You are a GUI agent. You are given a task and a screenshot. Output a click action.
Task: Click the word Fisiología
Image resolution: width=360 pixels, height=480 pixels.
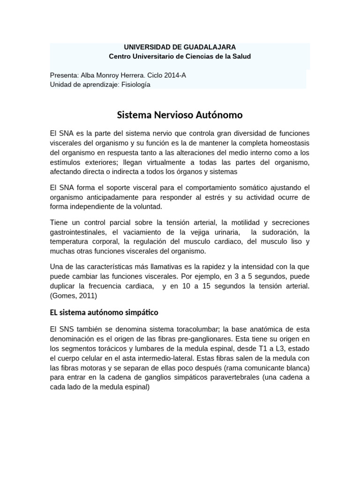pos(136,84)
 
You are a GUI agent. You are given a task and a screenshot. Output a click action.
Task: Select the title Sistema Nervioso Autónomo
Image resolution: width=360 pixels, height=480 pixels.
pos(180,114)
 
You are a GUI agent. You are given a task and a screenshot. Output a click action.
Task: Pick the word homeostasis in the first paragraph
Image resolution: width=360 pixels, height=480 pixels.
pos(288,143)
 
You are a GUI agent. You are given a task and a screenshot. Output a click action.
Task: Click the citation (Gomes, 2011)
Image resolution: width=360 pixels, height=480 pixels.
pos(73,295)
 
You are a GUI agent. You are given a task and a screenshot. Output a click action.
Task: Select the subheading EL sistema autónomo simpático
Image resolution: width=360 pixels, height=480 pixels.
pos(104,312)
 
